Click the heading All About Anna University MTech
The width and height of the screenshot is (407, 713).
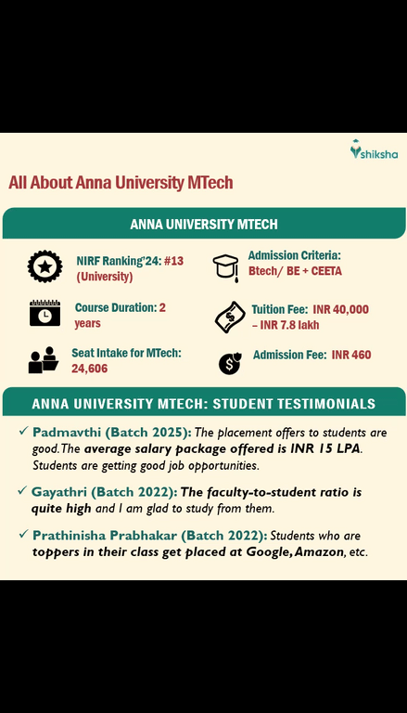coord(121,183)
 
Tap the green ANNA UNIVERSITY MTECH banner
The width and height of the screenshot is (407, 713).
coord(203,224)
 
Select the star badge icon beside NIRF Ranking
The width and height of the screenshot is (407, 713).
coord(45,267)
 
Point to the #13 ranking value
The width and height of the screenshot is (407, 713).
coord(173,261)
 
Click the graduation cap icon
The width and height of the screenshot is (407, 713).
coord(225,266)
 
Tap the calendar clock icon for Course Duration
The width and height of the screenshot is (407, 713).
coord(45,314)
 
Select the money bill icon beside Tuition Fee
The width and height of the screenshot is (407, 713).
coord(228,317)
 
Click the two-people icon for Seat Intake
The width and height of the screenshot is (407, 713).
coord(44,360)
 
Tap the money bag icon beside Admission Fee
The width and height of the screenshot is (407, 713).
coord(229,363)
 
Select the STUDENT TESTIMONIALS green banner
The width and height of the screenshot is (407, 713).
coord(203,404)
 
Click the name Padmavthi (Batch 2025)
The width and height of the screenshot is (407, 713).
coord(111,433)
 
